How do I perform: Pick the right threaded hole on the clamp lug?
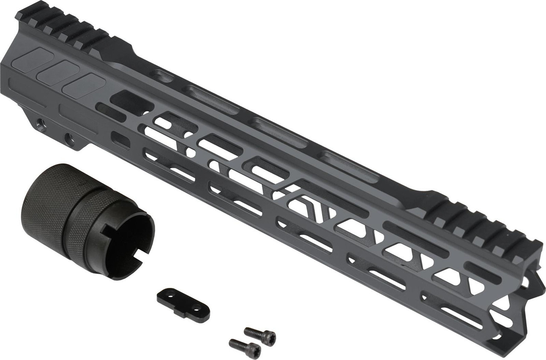tap(69, 138)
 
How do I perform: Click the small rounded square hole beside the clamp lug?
tap(120, 139)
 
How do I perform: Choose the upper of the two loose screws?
tap(260, 336)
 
